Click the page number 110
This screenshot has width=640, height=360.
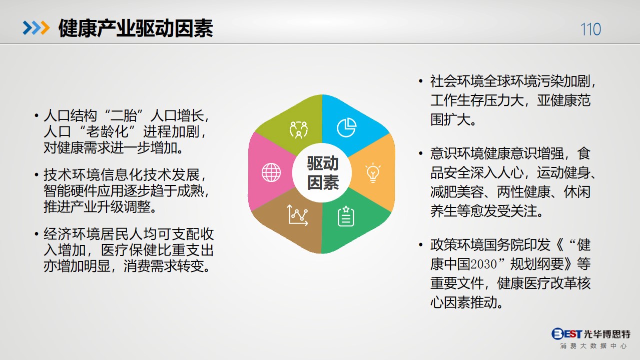(x=590, y=29)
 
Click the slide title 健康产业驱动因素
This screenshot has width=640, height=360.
(x=136, y=28)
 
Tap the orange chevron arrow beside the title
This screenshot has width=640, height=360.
(x=45, y=28)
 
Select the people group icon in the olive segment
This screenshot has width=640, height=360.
(x=299, y=129)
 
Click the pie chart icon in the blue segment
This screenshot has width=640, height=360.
(x=346, y=127)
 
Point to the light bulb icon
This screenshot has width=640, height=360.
(x=373, y=172)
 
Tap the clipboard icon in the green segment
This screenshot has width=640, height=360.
(x=346, y=216)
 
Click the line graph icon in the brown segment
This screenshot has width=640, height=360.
(x=297, y=215)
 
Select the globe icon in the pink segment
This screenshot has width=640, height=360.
(x=271, y=172)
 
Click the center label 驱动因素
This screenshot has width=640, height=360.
(x=323, y=172)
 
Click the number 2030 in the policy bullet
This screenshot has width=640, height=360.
(x=483, y=264)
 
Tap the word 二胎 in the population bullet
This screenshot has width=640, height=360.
(x=124, y=115)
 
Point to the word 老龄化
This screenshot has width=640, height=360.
(x=107, y=131)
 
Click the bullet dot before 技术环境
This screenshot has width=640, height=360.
(x=37, y=174)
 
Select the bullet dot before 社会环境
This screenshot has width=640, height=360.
(x=420, y=81)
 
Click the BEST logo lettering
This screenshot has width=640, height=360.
(x=566, y=333)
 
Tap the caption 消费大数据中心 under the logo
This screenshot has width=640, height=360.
(x=593, y=346)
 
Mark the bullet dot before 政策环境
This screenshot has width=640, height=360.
(x=420, y=244)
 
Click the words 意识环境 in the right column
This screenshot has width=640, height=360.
(x=457, y=153)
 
